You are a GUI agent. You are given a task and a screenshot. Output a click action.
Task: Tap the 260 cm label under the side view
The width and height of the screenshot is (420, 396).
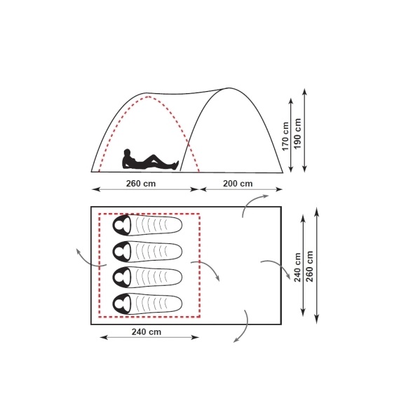point(141,184)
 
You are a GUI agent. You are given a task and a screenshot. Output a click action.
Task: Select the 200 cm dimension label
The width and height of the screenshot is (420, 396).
point(238,184)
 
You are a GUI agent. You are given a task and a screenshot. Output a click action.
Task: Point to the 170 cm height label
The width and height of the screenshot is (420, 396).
point(285,136)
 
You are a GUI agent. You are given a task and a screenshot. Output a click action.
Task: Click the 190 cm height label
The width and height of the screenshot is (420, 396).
point(297,133)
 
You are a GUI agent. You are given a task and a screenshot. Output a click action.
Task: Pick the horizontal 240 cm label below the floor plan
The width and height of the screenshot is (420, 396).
point(147,332)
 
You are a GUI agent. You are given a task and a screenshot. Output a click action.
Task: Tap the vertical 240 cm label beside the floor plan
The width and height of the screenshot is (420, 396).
point(297,267)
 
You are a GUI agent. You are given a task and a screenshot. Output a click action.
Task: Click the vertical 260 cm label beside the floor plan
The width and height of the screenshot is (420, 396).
point(309,266)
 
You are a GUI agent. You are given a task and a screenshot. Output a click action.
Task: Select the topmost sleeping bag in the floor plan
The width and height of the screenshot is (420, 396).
point(147,225)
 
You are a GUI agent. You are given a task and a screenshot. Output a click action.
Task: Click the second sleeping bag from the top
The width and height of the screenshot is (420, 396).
point(147,252)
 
